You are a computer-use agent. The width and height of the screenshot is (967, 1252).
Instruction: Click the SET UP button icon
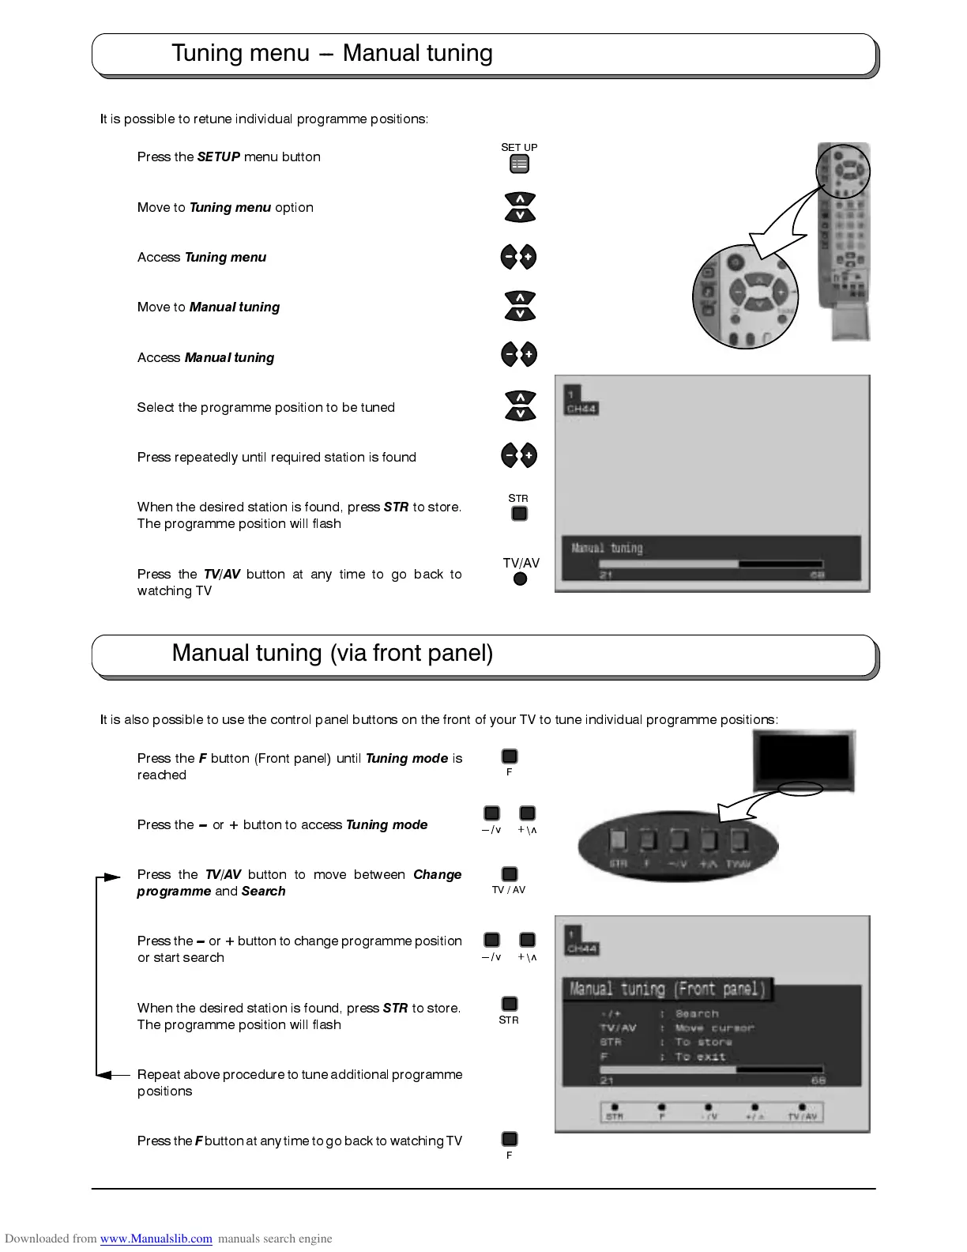point(519,164)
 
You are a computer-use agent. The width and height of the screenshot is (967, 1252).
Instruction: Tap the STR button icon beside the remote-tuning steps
point(519,514)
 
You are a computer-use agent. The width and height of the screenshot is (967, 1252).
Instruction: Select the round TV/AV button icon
point(520,579)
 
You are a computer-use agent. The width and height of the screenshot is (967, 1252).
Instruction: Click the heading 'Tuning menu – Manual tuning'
point(332,53)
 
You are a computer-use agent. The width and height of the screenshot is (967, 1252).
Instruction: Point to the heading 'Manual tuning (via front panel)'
point(332,653)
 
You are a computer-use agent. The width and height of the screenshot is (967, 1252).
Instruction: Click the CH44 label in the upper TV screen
point(581,409)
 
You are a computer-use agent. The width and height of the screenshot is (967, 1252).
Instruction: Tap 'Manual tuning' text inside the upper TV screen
point(607,548)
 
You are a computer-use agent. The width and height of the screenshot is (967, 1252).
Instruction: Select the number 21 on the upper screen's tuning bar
point(606,575)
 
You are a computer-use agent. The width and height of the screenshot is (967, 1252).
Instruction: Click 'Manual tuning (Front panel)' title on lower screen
point(668,989)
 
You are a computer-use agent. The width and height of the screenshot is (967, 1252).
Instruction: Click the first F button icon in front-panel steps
point(510,757)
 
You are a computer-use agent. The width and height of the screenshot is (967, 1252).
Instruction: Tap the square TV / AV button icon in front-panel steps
point(510,874)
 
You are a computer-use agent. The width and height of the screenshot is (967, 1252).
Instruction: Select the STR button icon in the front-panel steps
point(510,1004)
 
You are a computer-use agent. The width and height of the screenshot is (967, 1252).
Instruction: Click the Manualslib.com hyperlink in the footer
point(156,1239)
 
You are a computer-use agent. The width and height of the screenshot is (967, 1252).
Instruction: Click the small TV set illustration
point(803,761)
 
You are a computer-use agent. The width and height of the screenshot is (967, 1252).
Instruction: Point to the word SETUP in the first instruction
point(218,157)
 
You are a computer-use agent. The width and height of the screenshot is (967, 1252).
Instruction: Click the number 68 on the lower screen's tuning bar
point(818,1080)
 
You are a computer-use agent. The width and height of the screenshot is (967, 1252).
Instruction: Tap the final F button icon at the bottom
point(510,1139)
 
